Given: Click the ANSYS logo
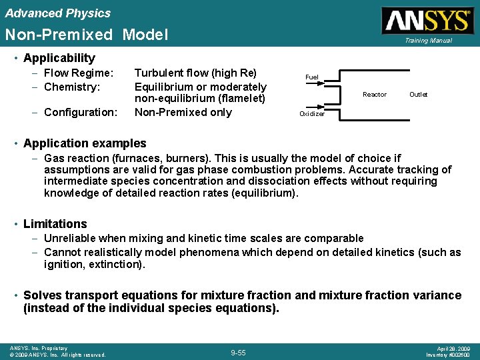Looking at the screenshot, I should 427,21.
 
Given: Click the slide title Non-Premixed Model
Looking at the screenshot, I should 87,35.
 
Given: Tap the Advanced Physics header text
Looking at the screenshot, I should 58,13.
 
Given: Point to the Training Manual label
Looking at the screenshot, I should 427,41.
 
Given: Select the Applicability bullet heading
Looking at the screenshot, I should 59,58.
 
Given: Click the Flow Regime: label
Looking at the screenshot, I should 78,73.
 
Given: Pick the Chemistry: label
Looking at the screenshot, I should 71,87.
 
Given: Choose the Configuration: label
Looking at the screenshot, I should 80,112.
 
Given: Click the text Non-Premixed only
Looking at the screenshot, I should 183,112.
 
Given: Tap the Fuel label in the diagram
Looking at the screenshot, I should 311,77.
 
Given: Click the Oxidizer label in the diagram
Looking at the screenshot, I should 312,114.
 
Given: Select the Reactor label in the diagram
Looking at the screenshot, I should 374,95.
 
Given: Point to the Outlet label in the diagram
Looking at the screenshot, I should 418,95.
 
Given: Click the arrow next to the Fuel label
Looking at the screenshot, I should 332,83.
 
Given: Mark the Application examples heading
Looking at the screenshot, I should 85,143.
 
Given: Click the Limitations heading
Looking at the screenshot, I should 55,224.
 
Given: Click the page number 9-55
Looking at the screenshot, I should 238,352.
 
